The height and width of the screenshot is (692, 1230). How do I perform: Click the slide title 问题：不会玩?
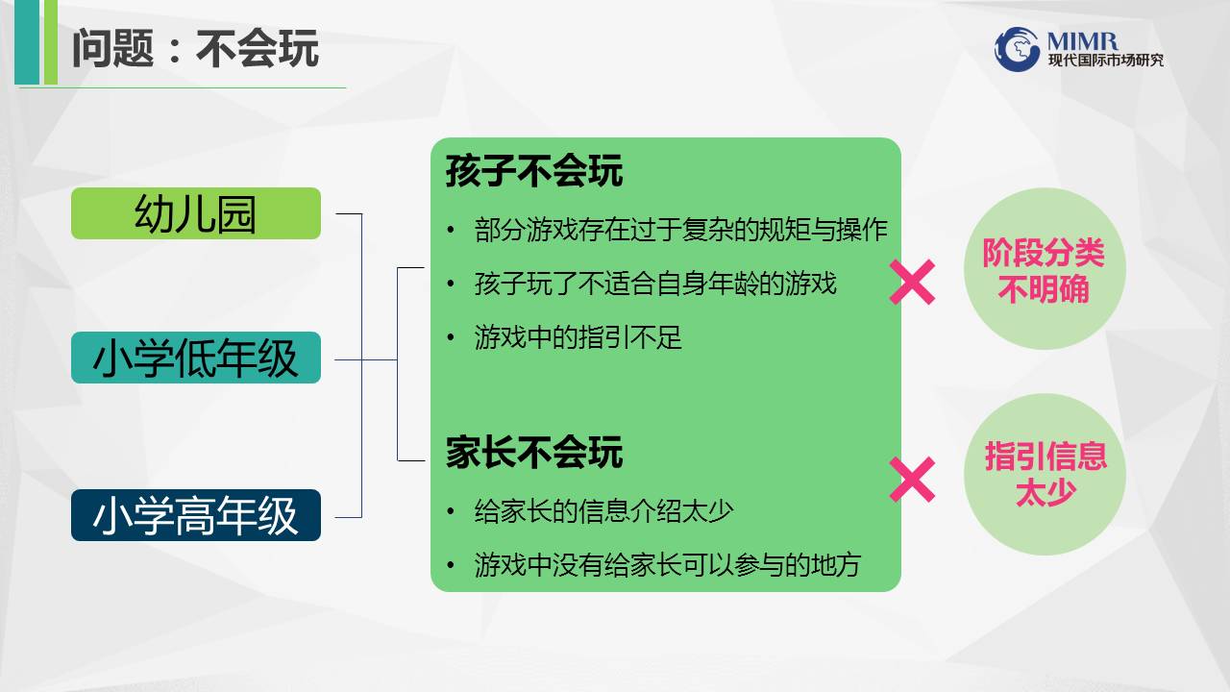point(195,48)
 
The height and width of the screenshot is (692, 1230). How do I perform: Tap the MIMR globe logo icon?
point(1017,49)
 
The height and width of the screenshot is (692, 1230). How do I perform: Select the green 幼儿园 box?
point(196,213)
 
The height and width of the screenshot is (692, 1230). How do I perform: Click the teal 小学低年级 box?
point(196,358)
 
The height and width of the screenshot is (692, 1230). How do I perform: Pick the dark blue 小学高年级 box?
point(196,515)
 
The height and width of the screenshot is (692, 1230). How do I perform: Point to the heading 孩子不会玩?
point(533,171)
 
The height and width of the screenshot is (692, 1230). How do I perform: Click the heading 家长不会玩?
point(533,453)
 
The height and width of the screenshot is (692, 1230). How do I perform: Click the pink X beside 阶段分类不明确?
point(912,283)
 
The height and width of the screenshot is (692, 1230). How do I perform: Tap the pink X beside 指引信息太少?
point(912,480)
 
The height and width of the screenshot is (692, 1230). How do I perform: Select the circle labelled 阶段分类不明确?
point(1045,268)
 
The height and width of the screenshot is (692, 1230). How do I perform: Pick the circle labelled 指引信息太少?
point(1045,475)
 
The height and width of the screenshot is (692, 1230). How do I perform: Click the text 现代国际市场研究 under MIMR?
point(1105,60)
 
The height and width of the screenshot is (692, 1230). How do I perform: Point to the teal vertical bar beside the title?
point(27,42)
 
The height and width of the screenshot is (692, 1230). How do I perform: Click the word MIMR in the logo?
point(1082,40)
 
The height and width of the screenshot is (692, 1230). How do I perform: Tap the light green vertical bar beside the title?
point(51,42)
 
